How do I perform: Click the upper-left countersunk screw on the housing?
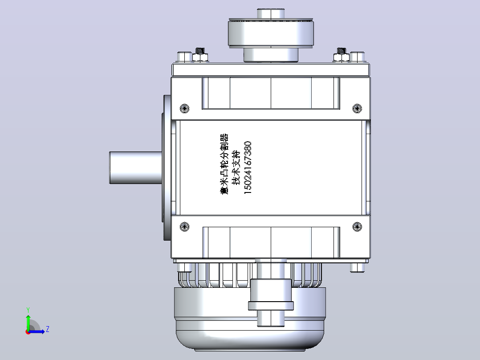184,108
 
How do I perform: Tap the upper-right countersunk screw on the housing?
357,108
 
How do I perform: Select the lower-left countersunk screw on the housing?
184,226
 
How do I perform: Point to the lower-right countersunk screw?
357,226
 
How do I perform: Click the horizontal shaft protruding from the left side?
136,168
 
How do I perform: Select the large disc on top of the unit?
271,33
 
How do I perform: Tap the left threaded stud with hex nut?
200,55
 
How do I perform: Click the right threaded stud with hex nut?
342,55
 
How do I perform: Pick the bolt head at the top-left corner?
185,57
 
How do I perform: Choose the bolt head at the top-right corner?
357,57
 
